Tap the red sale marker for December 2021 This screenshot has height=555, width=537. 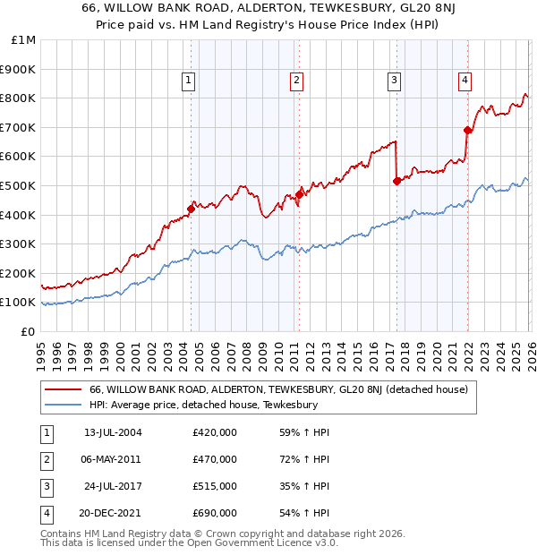tap(467, 130)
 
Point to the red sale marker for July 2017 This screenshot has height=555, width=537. tap(396, 181)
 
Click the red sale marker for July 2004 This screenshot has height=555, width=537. tap(191, 209)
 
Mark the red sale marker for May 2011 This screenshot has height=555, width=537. tap(299, 194)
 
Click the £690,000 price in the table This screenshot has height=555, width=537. tap(215, 513)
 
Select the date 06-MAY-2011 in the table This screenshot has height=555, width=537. tap(113, 459)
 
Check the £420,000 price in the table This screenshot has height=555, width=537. tap(215, 432)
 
